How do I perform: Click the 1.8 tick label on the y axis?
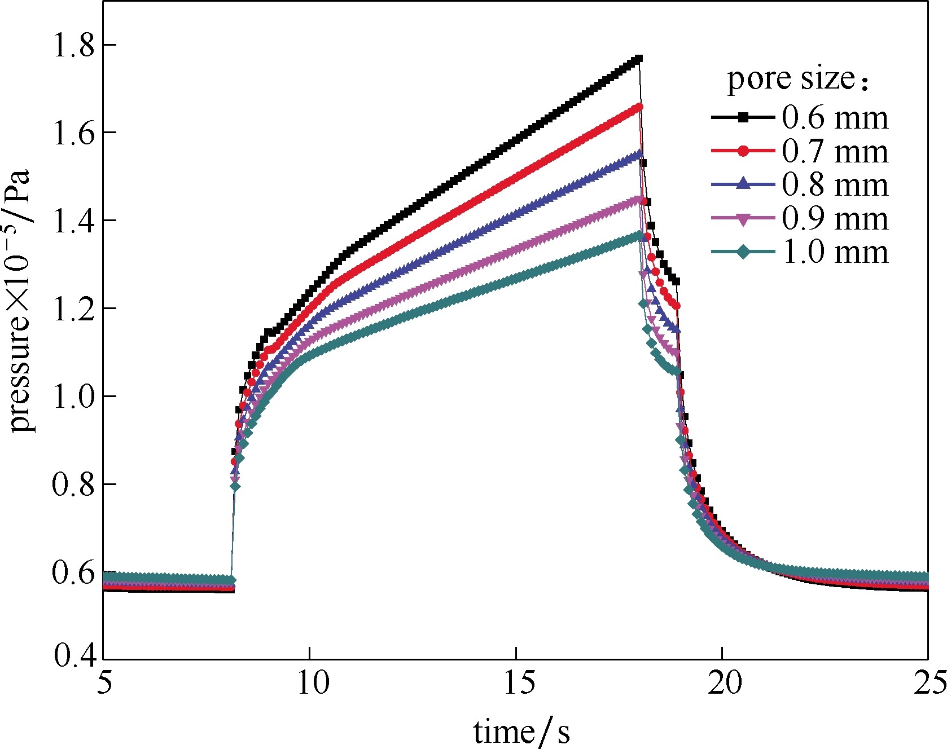click(73, 45)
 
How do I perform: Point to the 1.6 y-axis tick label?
click(73, 133)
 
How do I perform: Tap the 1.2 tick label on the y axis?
click(73, 309)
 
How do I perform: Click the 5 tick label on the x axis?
click(104, 684)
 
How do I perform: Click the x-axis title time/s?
click(521, 731)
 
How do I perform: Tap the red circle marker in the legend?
click(743, 151)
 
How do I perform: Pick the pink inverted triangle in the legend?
click(743, 219)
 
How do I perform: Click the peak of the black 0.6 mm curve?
click(638, 59)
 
